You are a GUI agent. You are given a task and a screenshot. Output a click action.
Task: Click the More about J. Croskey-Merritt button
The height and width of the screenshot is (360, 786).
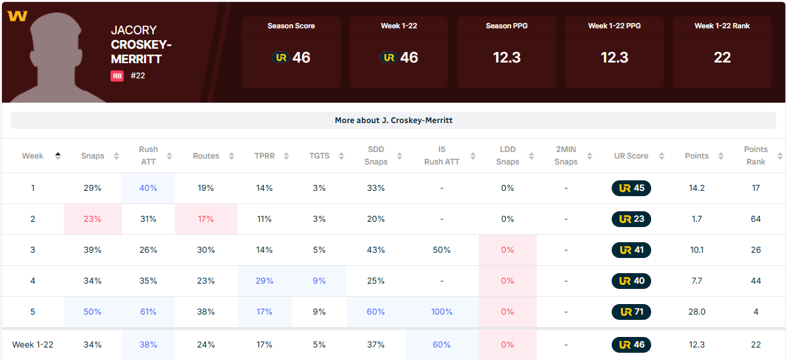coord(393,120)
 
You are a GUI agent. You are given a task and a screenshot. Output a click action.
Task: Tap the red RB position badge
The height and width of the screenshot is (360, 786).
coord(117,76)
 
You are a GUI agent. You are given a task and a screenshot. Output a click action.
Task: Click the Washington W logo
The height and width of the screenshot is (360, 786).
coord(18,16)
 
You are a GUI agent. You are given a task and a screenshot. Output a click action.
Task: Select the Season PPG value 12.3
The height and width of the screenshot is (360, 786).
coord(506,58)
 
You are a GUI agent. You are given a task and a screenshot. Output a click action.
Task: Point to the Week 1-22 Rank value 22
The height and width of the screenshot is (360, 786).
coord(722,58)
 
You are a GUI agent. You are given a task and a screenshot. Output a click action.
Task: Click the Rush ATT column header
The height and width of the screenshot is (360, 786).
coord(148,156)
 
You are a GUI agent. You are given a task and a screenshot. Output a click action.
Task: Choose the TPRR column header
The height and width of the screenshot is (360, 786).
coord(264,156)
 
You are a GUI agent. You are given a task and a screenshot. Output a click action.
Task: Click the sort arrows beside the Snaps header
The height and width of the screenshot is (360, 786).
coord(116,156)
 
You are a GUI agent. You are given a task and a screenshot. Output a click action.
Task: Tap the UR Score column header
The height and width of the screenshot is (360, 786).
coord(631,156)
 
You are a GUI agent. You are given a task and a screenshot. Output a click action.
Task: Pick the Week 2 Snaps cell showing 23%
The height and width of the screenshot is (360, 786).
coord(92,219)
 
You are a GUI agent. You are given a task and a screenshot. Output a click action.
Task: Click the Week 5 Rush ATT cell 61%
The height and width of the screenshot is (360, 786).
coord(148,312)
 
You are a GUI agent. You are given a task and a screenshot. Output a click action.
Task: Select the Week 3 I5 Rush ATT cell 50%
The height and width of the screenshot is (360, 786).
coord(441,250)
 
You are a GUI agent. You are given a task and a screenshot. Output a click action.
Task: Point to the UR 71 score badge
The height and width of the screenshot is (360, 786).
coord(631,312)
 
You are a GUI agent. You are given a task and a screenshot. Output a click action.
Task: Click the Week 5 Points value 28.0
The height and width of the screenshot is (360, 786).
coord(696,312)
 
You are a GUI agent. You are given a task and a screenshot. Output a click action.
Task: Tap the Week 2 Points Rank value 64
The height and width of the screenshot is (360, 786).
coord(756,219)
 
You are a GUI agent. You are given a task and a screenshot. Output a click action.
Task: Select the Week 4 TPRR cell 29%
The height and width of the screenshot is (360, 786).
coord(264,281)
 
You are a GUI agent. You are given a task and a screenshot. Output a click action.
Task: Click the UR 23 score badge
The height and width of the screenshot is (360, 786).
coord(631,219)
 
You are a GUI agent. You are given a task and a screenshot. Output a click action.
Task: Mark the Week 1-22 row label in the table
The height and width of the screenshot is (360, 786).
coord(33,345)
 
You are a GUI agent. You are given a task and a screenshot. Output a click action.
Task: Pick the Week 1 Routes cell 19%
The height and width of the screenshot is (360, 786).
coord(206,188)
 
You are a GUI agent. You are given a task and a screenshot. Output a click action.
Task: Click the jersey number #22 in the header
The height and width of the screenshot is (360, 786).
coord(137,76)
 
